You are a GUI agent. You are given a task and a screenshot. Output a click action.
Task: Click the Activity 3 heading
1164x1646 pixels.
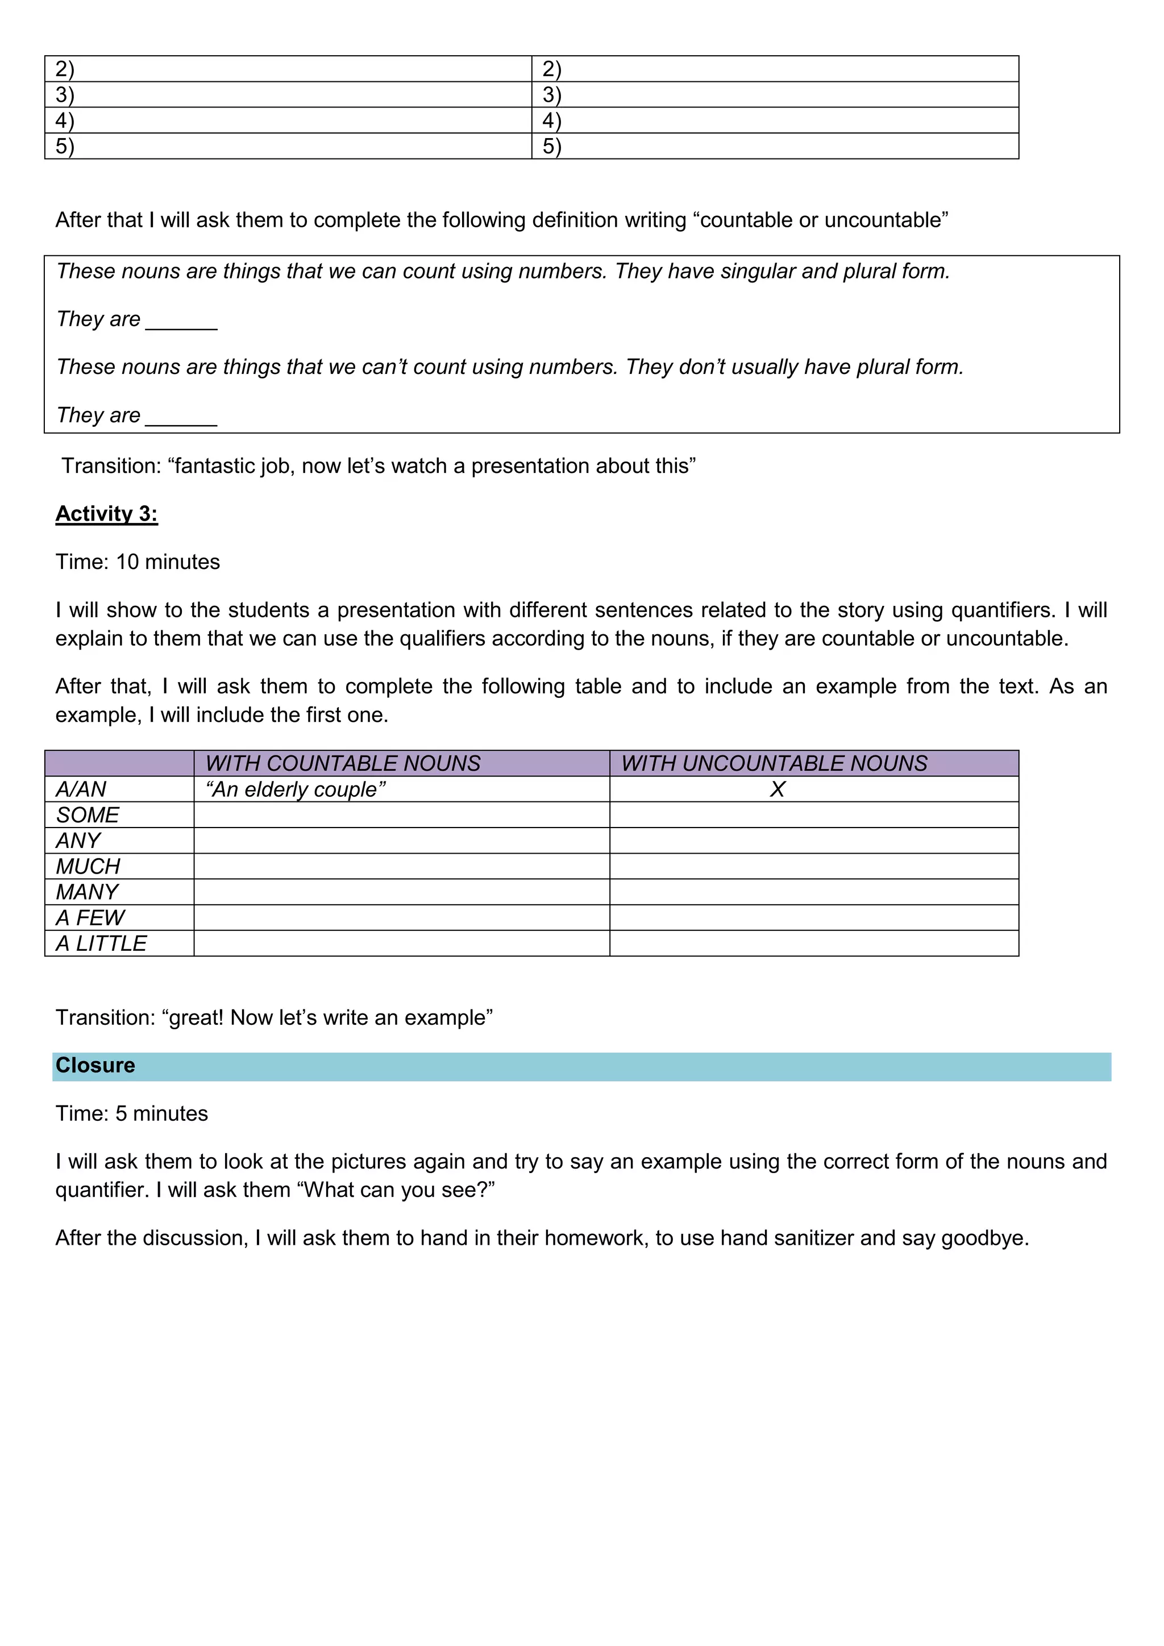(106, 513)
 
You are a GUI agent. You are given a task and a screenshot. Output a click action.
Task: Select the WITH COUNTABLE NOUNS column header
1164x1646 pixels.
(343, 763)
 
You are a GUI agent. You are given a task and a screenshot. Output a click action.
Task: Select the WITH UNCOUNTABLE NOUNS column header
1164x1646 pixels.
(774, 763)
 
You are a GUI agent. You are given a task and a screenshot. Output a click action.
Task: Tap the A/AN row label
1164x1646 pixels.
(81, 789)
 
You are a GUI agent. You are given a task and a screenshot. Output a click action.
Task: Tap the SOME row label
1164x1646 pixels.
(88, 815)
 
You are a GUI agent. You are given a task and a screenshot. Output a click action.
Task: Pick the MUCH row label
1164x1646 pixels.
(88, 867)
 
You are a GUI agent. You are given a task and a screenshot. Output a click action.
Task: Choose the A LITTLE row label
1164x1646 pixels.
(101, 943)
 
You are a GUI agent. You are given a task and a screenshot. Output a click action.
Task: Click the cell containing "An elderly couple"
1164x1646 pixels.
(296, 789)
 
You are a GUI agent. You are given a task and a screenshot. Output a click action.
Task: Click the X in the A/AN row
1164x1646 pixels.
(777, 789)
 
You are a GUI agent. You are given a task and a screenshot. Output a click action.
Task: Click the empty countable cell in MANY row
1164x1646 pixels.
(401, 892)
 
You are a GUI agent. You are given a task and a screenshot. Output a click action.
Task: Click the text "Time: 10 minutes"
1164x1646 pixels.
(138, 562)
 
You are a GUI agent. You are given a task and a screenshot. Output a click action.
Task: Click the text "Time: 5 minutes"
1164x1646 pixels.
(132, 1113)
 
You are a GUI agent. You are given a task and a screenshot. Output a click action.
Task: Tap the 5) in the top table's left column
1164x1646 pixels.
(64, 146)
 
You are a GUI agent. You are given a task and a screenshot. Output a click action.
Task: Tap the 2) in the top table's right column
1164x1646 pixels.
(552, 69)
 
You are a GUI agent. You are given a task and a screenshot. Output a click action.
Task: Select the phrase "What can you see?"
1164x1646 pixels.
(396, 1190)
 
